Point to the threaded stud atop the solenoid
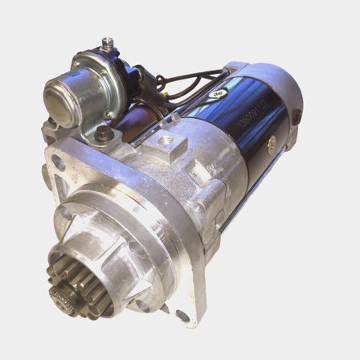coord(107,44)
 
